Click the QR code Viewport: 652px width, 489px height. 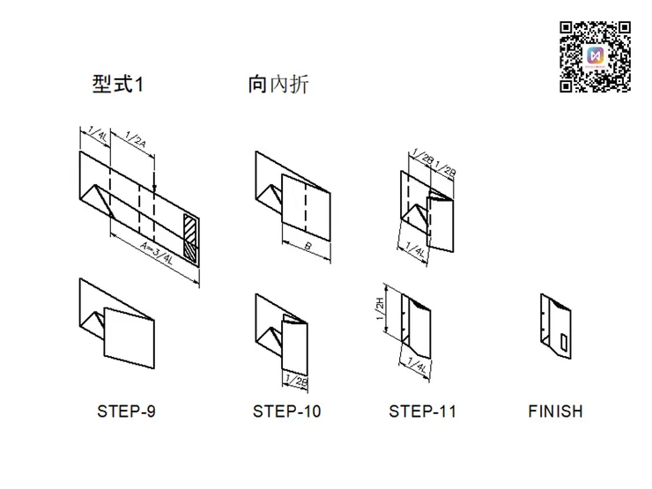tap(596, 55)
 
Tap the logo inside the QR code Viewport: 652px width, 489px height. tap(596, 55)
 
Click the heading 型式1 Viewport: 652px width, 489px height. tap(117, 85)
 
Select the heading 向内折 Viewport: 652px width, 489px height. tap(278, 85)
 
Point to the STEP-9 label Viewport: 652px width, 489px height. tap(126, 411)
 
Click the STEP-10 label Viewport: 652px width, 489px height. tap(286, 411)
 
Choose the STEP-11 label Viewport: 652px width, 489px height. tap(423, 411)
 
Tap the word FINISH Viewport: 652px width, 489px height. tap(555, 411)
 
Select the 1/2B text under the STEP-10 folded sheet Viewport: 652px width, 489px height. tap(297, 380)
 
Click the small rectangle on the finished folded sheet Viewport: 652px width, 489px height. tap(563, 340)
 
